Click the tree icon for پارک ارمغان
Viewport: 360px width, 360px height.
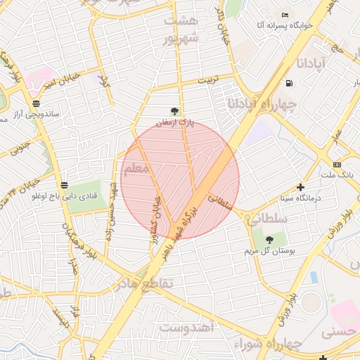(174, 110)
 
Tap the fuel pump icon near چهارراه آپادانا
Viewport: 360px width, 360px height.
(289, 84)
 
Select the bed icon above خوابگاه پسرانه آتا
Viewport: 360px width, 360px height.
(284, 15)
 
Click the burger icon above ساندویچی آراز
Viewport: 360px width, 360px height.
(36, 103)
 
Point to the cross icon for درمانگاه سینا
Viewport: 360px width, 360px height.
(301, 187)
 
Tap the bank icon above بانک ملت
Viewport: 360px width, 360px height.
(337, 164)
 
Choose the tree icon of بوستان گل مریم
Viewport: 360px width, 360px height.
(269, 240)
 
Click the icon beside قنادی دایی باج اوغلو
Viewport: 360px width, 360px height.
(65, 186)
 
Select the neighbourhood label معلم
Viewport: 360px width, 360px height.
(135, 169)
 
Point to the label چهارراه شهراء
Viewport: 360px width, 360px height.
(285, 344)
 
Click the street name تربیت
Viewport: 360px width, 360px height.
(208, 80)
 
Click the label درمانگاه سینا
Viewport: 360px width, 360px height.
(300, 198)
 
